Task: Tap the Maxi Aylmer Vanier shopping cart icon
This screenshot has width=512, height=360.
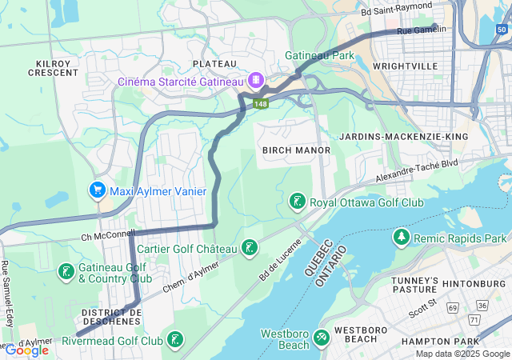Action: click(97, 191)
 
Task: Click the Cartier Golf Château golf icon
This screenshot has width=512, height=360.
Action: click(250, 249)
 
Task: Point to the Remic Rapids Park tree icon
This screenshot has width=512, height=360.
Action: click(400, 238)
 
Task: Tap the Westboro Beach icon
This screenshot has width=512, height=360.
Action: click(321, 338)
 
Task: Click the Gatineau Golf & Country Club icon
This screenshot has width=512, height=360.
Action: click(65, 272)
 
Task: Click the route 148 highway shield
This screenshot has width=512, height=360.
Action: click(260, 104)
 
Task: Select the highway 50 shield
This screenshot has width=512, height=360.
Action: click(501, 30)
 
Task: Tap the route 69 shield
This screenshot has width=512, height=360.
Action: click(453, 307)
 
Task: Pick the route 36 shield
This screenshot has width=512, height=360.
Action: click(482, 305)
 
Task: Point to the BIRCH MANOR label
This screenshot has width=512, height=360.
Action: click(285, 150)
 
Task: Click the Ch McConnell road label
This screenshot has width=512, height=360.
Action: click(108, 235)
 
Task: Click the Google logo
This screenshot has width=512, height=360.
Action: click(27, 350)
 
